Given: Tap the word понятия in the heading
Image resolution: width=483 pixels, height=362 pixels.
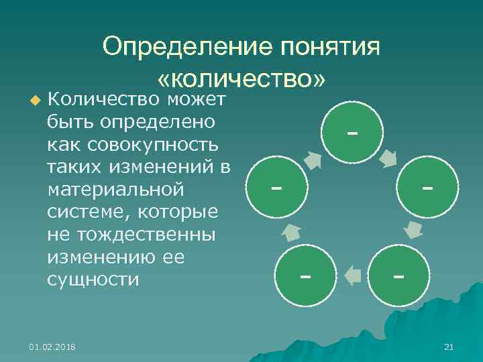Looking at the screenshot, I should (x=329, y=48).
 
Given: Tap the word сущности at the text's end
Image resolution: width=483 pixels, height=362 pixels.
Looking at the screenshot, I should (x=93, y=280).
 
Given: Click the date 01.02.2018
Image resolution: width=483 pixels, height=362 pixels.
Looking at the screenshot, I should (x=52, y=347).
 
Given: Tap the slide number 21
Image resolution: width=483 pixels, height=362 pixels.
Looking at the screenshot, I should (x=449, y=347).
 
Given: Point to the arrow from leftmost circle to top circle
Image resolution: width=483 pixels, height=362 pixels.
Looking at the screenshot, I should (x=313, y=160).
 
